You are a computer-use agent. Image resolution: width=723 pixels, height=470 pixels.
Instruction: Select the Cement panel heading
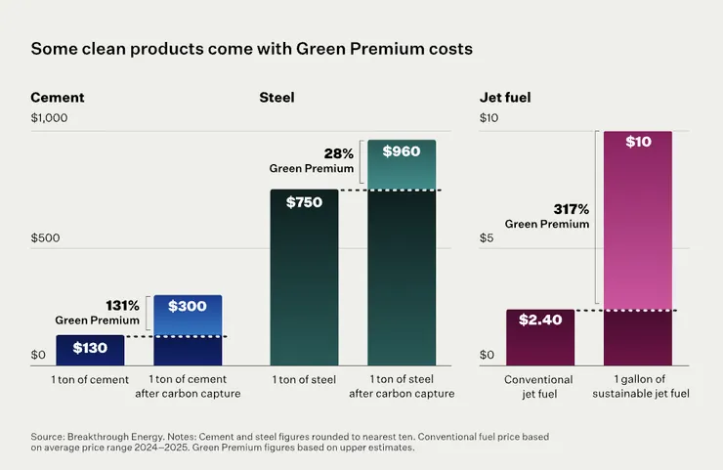[x=57, y=98]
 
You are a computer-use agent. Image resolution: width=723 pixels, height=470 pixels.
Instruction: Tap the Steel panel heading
[x=276, y=98]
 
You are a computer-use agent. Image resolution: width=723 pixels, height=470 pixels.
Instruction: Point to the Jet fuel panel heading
[x=505, y=98]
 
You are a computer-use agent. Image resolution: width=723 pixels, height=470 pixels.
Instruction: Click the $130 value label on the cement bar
[x=90, y=347]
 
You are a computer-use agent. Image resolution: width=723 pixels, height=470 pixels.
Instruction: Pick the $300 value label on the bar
[x=187, y=306]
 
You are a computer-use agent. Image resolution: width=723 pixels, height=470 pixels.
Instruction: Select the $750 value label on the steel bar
[x=304, y=202]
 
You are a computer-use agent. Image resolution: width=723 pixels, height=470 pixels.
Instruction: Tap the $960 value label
[x=401, y=151]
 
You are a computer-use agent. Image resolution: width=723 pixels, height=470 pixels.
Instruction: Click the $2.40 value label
[x=540, y=320]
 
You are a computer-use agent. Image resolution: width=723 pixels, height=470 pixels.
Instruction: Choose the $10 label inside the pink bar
[x=637, y=143]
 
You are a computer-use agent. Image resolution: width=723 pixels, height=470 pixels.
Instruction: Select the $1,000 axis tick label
[x=50, y=118]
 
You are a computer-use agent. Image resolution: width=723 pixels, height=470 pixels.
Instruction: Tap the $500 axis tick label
[x=44, y=236]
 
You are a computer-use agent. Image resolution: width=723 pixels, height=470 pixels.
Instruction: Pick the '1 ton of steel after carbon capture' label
[x=401, y=386]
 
